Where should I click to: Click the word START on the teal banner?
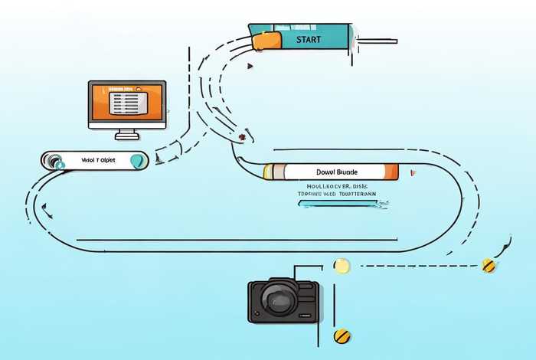(x=309, y=38)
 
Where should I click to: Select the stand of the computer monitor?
(x=126, y=135)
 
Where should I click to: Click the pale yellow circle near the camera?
(x=342, y=266)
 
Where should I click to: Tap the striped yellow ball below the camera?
(x=342, y=335)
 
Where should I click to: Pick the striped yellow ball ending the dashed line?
(x=489, y=266)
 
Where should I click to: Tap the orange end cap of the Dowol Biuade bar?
(x=391, y=172)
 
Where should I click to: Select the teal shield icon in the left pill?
(x=137, y=161)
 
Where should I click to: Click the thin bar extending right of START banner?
(x=375, y=40)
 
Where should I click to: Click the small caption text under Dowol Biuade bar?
(x=337, y=190)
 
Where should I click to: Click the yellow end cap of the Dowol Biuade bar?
(x=268, y=172)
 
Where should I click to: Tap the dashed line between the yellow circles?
(x=413, y=266)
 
